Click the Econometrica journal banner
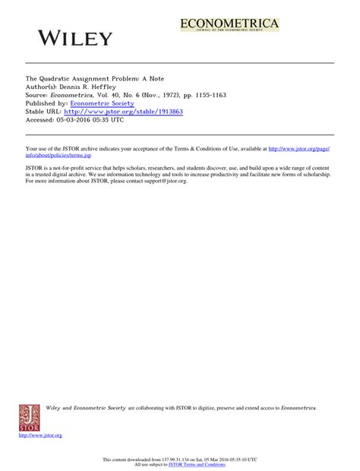pos(229,26)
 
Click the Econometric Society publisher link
pos(102,103)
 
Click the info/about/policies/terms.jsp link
pos(59,154)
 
